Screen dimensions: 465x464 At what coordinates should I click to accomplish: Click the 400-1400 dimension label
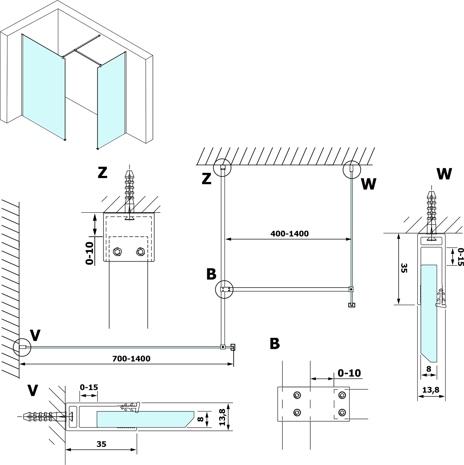point(289,234)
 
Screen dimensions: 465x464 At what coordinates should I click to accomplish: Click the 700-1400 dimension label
point(131,358)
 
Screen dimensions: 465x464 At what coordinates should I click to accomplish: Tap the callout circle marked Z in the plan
point(222,168)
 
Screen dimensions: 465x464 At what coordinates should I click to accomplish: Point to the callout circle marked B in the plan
point(224,289)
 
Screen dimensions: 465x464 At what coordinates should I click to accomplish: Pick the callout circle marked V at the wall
point(22,347)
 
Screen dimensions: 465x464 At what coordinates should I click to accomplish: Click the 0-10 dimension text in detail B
point(349,373)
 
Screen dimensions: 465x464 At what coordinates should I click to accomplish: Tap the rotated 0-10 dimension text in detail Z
point(89,253)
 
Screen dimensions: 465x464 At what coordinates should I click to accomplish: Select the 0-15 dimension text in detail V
point(89,387)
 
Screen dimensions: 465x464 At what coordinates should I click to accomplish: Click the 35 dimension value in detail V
point(101,444)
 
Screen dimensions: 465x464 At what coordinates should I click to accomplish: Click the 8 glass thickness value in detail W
point(429,369)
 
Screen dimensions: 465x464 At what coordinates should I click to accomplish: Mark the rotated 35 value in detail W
point(404,268)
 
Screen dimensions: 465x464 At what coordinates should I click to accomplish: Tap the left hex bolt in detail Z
point(118,252)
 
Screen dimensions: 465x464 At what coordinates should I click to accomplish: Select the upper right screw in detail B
point(342,395)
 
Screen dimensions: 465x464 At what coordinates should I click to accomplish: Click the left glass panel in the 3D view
point(43,85)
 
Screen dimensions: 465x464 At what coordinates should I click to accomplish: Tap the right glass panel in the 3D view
point(111,100)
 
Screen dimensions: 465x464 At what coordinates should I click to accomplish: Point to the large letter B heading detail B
point(274,344)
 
